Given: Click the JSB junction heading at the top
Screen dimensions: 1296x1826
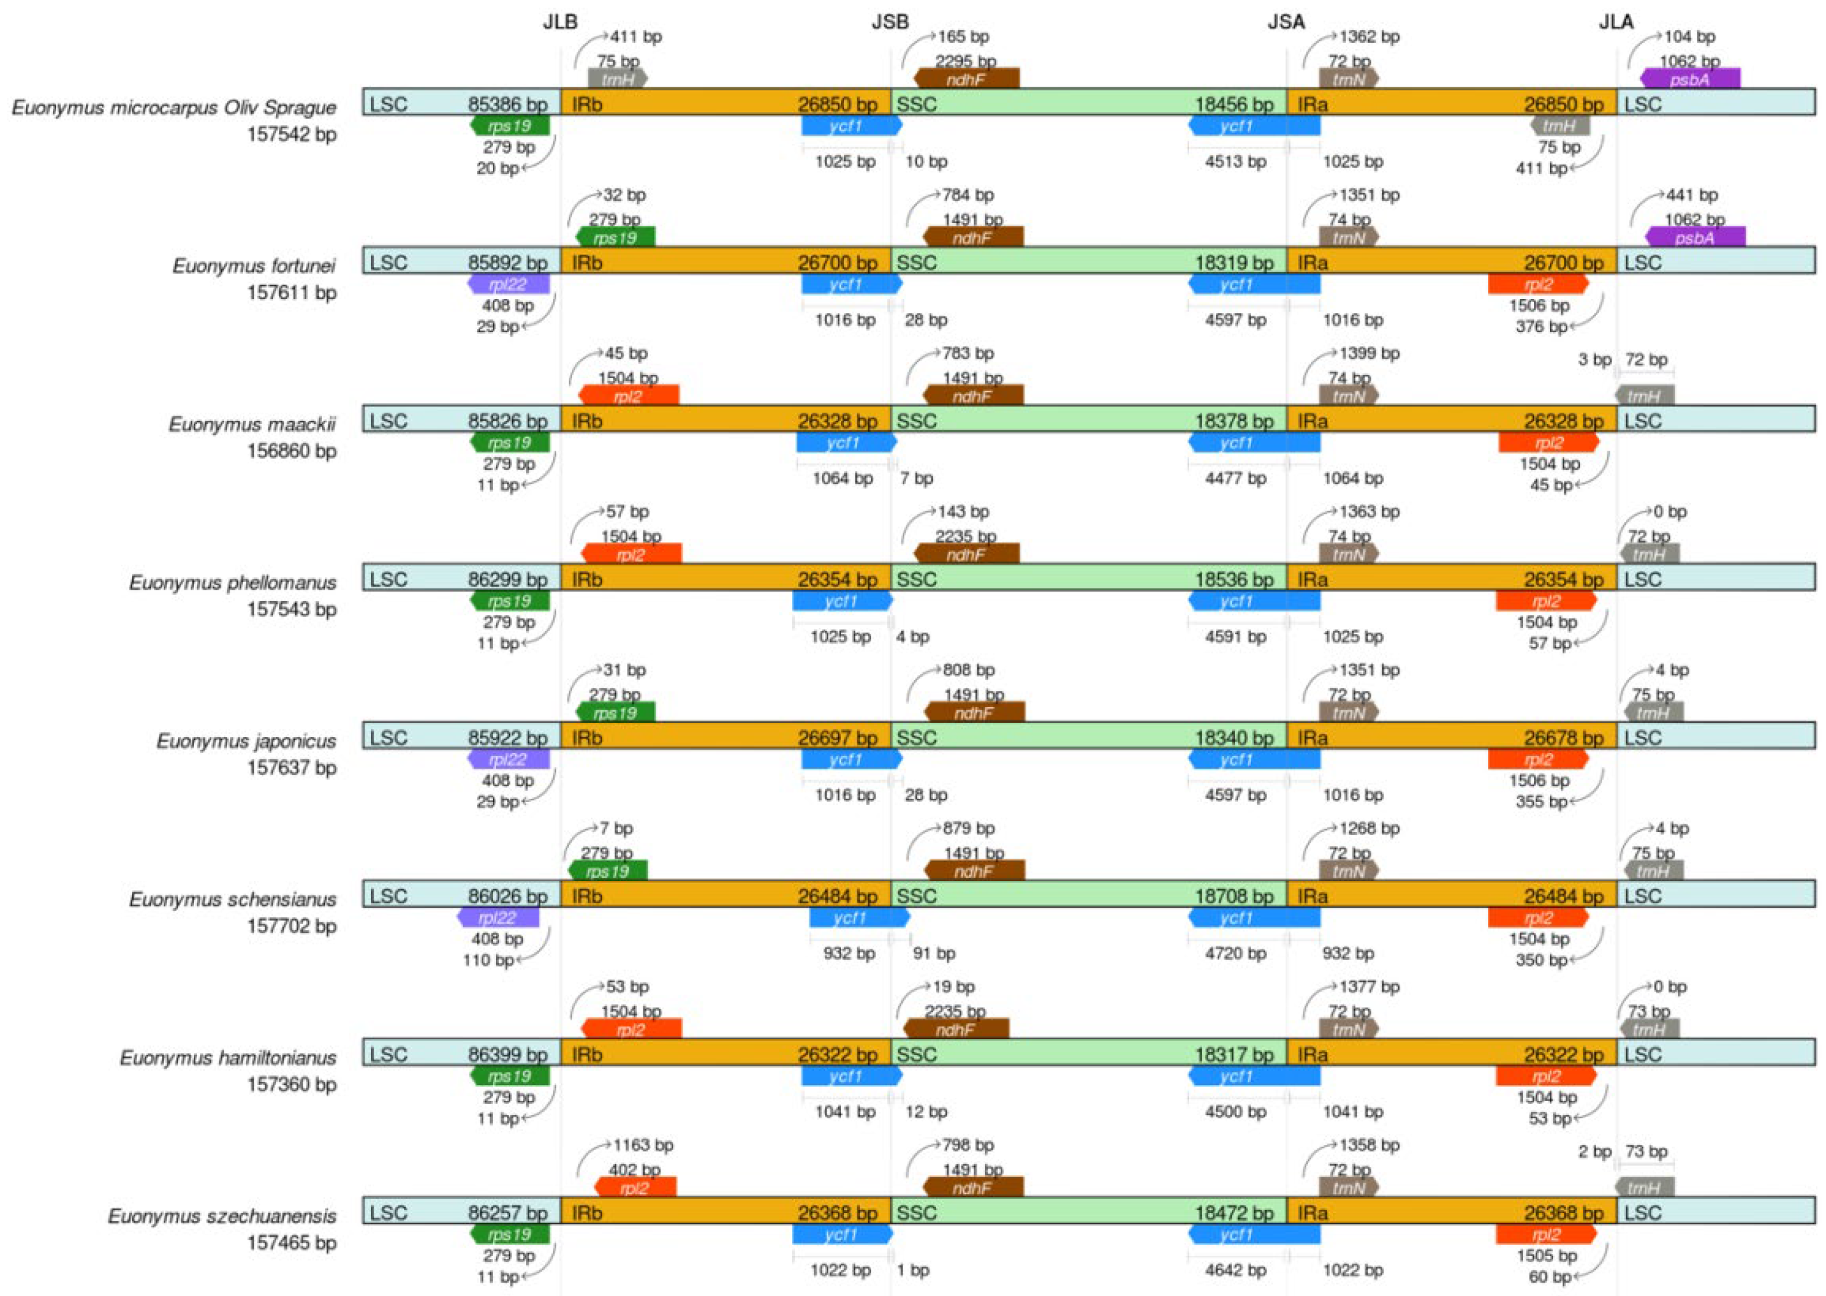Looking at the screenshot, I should click(890, 22).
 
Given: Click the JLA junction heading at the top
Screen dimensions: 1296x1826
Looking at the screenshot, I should click(1616, 22).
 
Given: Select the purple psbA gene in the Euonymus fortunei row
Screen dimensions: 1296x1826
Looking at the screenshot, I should click(1695, 237).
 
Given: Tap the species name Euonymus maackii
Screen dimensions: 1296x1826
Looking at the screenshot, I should click(252, 424).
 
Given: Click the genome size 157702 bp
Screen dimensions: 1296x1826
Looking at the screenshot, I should click(291, 926).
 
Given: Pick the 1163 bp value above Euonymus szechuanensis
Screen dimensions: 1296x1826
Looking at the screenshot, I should click(643, 1145).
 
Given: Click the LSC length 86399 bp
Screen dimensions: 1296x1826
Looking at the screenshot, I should click(508, 1054).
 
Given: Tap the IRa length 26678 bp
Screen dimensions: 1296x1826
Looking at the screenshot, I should click(1563, 738).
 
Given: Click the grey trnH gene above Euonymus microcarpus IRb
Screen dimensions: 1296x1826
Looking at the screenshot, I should click(618, 79).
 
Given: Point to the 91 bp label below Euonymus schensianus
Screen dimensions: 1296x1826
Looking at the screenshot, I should click(934, 953).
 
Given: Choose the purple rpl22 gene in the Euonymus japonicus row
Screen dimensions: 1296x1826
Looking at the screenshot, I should click(508, 759).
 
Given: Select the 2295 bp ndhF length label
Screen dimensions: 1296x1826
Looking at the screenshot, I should click(966, 61).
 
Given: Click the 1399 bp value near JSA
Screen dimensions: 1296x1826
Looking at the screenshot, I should click(1369, 354).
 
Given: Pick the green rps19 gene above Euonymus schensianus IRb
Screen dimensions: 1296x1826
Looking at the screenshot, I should click(608, 871).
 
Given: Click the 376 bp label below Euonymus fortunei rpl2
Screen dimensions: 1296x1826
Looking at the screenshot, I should click(1541, 326).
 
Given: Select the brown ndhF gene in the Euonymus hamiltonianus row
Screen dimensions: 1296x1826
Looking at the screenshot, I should click(955, 1030).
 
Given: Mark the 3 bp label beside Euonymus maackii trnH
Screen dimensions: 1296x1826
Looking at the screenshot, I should click(1594, 360).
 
